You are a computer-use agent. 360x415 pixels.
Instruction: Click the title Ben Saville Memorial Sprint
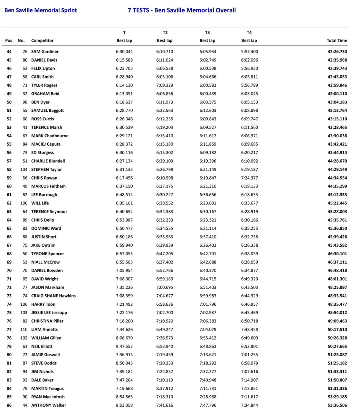40,10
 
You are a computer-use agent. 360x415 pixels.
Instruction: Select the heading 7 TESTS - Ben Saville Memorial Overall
182,10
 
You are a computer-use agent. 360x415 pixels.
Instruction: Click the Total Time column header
337,40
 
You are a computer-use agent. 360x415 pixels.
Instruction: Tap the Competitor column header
42,40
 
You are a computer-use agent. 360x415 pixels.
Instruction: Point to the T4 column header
249,33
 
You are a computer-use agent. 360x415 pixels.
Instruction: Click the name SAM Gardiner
45,52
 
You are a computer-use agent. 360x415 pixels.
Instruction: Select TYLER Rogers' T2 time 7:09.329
165,85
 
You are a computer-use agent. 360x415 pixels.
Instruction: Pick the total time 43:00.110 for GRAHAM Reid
337,94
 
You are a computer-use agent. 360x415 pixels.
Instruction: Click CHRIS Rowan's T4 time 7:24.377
249,178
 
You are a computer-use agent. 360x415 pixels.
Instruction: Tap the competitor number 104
23,169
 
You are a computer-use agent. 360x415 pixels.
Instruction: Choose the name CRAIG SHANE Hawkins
53,296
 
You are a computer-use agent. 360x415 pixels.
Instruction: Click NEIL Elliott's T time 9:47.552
124,346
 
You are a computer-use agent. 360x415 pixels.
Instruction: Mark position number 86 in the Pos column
9,405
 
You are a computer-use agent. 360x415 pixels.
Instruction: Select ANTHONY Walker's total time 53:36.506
337,405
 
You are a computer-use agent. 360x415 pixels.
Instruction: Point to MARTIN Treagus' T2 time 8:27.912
165,388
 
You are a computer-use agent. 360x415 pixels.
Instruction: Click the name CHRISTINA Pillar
47,321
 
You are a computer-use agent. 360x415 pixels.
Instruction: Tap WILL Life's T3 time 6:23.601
208,203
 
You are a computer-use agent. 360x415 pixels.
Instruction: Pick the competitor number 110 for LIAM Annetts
23,330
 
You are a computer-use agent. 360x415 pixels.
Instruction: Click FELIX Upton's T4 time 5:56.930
249,68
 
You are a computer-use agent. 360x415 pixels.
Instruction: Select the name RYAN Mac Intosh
48,397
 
